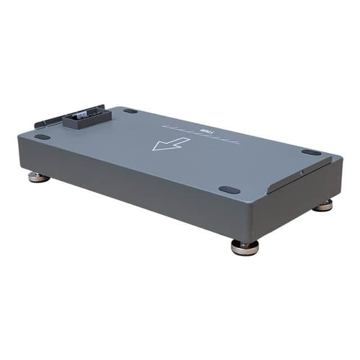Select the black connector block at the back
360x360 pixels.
coord(87,118)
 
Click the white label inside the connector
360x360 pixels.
coord(82,114)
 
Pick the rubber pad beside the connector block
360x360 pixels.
coord(130,111)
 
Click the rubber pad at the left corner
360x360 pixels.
coord(42,137)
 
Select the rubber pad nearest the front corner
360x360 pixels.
coord(229,190)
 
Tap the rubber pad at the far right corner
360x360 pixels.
coord(310,152)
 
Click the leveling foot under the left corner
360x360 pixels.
coord(38,177)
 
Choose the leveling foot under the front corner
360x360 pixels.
coord(245,247)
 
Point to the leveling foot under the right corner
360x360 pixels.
coord(323,205)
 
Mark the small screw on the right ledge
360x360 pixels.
coord(301,173)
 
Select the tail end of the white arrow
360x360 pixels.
coord(186,139)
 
